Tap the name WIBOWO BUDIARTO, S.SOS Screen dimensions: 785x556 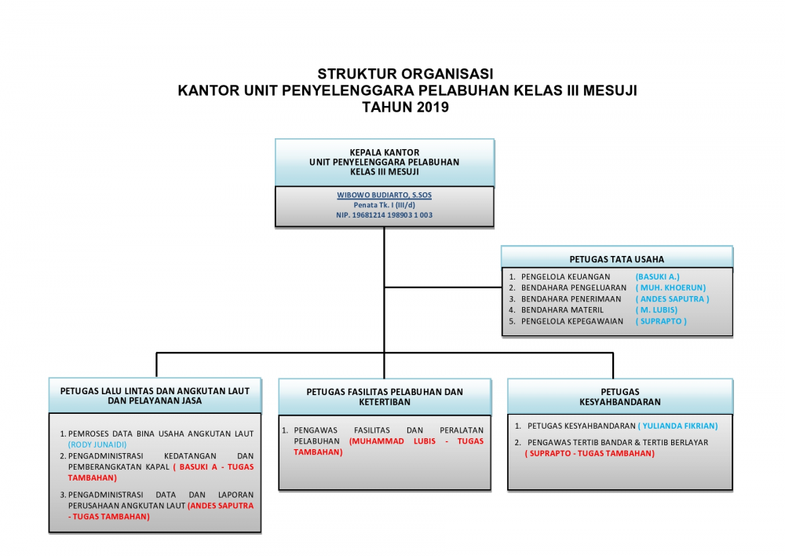click(x=384, y=195)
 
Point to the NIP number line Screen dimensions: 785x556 click(x=384, y=215)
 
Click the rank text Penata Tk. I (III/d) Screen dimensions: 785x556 click(x=384, y=205)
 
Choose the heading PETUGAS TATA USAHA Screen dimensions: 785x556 click(x=617, y=259)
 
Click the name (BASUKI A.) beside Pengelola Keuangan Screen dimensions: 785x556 click(x=657, y=276)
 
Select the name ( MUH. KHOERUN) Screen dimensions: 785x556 click(x=671, y=287)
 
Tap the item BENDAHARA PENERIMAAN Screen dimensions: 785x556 click(x=571, y=299)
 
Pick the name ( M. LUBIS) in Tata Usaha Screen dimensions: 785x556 click(x=656, y=310)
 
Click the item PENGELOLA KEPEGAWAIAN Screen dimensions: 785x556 click(x=572, y=321)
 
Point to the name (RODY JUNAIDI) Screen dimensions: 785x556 click(x=97, y=444)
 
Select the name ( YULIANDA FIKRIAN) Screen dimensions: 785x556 click(x=678, y=426)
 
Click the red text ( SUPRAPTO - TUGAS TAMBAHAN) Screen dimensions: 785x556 click(x=590, y=453)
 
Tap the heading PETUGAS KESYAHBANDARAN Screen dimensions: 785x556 click(x=620, y=397)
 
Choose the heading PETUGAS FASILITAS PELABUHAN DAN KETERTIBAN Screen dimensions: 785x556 click(x=385, y=397)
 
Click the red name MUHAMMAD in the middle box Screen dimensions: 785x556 click(x=377, y=441)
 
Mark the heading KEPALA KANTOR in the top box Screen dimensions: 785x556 click(x=385, y=152)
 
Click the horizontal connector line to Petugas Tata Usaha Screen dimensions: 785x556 click(x=443, y=287)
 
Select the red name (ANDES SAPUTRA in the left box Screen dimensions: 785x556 click(x=221, y=506)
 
